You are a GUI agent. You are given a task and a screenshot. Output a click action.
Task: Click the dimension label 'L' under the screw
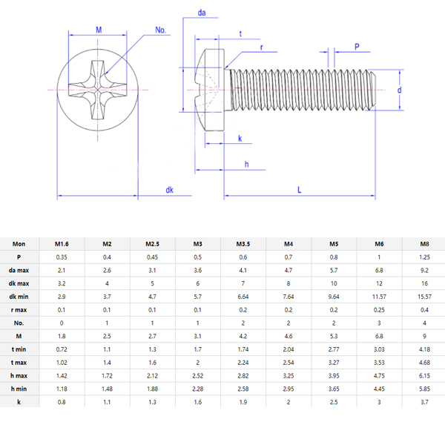(299, 190)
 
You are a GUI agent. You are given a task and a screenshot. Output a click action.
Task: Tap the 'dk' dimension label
(170, 191)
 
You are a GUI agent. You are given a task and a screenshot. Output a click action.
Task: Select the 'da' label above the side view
(201, 13)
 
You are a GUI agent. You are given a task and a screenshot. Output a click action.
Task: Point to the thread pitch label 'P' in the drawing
(357, 47)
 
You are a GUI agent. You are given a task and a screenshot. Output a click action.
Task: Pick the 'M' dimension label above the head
(99, 29)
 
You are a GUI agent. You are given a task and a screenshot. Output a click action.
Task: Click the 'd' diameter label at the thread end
(399, 90)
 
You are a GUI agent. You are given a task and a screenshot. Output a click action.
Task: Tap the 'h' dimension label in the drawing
(245, 164)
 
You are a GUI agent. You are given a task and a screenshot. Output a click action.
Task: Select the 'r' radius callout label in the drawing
(262, 47)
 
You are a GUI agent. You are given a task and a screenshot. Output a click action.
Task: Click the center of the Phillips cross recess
(98, 90)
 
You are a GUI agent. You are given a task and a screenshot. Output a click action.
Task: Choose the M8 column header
(423, 244)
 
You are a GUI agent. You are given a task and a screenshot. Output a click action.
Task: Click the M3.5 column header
(243, 244)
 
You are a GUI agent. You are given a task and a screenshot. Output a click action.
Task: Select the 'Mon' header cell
(19, 244)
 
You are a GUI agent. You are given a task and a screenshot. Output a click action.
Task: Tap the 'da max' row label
(19, 270)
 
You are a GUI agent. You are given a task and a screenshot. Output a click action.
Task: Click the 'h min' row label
(19, 388)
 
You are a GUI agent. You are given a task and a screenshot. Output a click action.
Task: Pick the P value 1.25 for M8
(423, 257)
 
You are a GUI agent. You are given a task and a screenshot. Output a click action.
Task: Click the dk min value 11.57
(378, 297)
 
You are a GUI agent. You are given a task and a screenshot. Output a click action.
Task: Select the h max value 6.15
(423, 375)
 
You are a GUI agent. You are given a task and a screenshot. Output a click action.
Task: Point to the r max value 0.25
(378, 309)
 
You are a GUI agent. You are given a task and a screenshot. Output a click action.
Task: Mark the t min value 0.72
(62, 349)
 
